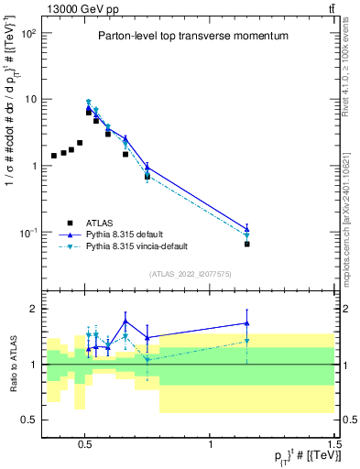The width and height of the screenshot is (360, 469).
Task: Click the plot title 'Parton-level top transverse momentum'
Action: click(192, 36)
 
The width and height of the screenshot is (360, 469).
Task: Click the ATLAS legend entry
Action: click(99, 223)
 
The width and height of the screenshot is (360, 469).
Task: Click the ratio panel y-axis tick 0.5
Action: click(29, 420)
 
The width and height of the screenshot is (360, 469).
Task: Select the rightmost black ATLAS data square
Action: click(247, 245)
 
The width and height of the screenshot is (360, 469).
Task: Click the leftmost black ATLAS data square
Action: click(54, 156)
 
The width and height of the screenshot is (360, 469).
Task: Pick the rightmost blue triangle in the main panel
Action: click(247, 229)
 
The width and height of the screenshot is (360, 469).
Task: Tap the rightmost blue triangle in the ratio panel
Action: click(247, 322)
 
